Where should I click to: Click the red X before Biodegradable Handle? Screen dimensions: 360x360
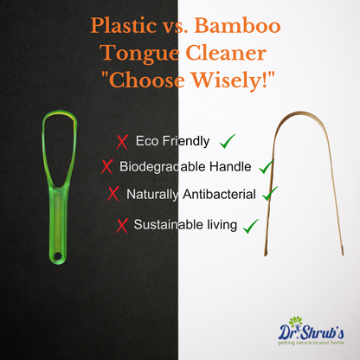(x=107, y=166)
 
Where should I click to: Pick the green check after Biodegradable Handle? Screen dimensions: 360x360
(x=267, y=164)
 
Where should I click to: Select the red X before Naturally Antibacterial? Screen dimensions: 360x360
(x=112, y=194)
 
